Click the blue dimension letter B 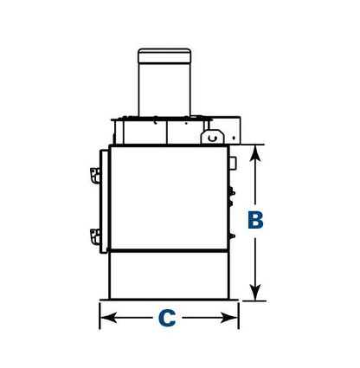(255, 221)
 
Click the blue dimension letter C (167, 318)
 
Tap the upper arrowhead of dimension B (255, 153)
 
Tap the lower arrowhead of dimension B (255, 292)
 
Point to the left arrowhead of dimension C (108, 318)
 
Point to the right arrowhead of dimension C (229, 318)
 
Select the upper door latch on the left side (95, 175)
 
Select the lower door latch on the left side (95, 236)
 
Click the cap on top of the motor (164, 56)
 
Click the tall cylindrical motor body (164, 90)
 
